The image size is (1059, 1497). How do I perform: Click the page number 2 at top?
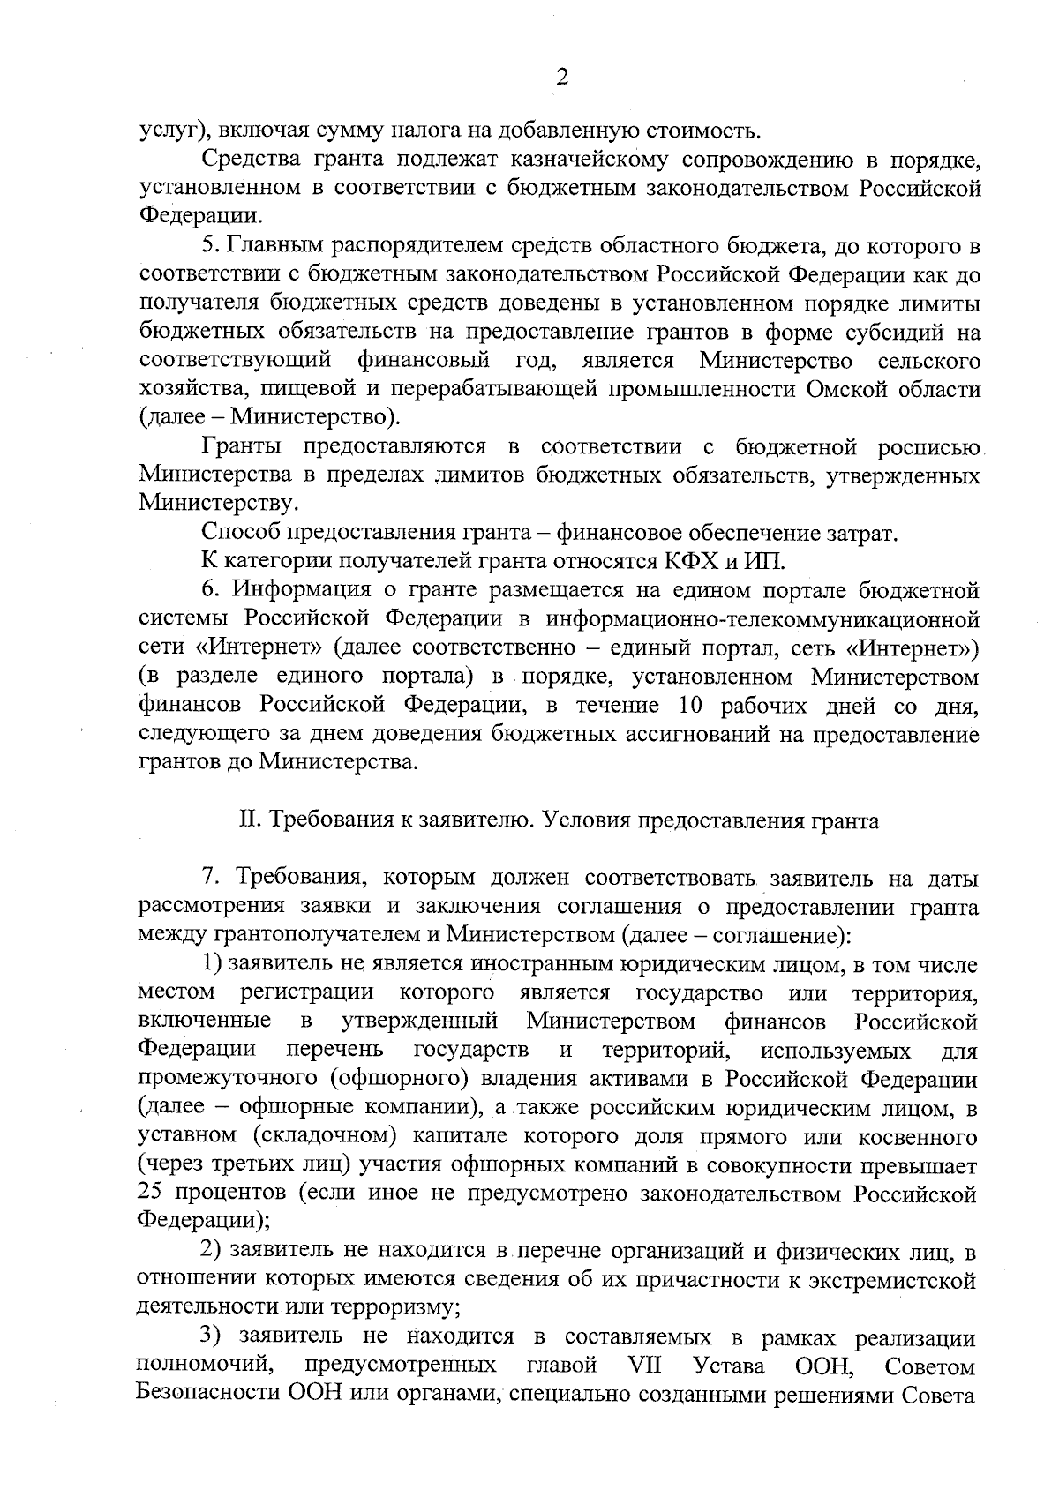point(561,78)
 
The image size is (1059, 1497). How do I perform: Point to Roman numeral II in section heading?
point(248,820)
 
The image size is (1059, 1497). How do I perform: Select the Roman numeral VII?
point(648,1366)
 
